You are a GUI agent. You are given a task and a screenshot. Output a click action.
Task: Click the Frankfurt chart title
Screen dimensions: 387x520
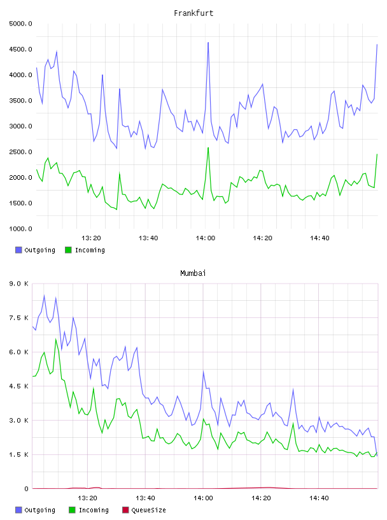[x=193, y=13]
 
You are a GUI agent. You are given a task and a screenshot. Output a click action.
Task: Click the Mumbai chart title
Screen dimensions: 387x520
[x=193, y=273]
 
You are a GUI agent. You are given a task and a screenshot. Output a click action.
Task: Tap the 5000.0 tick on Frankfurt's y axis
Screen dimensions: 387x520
[x=20, y=24]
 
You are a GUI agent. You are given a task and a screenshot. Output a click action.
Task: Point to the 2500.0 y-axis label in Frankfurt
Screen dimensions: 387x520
[x=20, y=152]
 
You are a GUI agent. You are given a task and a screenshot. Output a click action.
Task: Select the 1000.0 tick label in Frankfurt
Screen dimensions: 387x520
[x=20, y=229]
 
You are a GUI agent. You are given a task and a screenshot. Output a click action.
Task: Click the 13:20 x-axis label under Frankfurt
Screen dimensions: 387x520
[x=91, y=238]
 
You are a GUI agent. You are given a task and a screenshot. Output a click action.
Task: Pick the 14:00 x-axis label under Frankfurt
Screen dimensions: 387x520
[x=206, y=238]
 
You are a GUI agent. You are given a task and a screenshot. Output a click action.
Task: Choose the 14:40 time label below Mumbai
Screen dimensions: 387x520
[x=319, y=498]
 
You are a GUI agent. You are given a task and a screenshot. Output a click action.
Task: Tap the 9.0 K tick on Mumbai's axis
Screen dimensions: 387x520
[x=19, y=284]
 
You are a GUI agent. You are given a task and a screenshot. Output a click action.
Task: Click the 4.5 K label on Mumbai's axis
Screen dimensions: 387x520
[x=19, y=386]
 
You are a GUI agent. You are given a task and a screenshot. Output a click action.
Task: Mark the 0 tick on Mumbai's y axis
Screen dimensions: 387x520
[x=26, y=489]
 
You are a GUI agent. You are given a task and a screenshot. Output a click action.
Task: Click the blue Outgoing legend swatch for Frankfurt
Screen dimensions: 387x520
[x=18, y=250]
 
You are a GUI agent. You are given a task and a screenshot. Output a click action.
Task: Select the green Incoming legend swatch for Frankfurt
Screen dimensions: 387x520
[x=68, y=250]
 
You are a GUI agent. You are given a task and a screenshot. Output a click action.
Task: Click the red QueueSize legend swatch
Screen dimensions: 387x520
[x=125, y=510]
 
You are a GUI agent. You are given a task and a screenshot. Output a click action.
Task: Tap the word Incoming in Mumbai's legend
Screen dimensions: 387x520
[x=94, y=510]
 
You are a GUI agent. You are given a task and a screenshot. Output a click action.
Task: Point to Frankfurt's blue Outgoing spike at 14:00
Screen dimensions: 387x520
[x=208, y=43]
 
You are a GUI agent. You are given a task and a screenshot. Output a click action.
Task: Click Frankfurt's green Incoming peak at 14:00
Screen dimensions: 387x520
[x=208, y=148]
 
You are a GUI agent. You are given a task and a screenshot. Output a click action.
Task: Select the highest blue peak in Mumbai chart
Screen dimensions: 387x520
[x=44, y=295]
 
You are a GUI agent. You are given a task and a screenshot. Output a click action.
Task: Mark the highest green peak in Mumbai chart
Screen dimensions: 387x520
[x=55, y=339]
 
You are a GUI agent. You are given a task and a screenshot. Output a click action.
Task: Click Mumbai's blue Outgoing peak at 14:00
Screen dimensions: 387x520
[x=203, y=371]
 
